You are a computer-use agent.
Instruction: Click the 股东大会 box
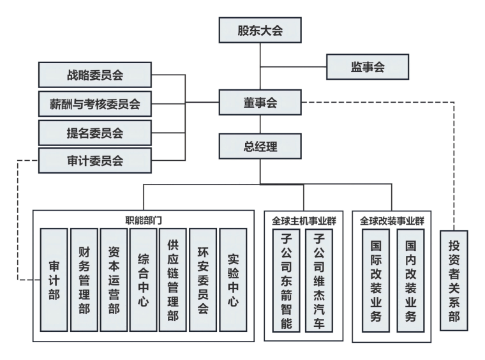pyautogui.click(x=260, y=31)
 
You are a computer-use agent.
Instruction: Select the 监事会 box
pyautogui.click(x=367, y=67)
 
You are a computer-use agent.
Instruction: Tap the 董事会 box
pyautogui.click(x=260, y=102)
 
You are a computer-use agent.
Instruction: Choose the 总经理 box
pyautogui.click(x=260, y=146)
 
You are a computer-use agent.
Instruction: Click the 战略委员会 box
pyautogui.click(x=95, y=75)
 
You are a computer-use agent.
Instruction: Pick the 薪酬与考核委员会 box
pyautogui.click(x=95, y=103)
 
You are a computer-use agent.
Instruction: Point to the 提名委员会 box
pyautogui.click(x=95, y=132)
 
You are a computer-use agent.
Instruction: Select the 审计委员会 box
pyautogui.click(x=95, y=160)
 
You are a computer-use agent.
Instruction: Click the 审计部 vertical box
pyautogui.click(x=54, y=280)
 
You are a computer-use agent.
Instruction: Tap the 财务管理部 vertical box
pyautogui.click(x=84, y=280)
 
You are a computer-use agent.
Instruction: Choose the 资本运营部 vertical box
pyautogui.click(x=114, y=280)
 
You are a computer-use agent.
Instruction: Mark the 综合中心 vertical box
pyautogui.click(x=143, y=280)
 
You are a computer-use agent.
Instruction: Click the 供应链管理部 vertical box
pyautogui.click(x=173, y=280)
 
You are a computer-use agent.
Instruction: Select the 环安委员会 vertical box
pyautogui.click(x=203, y=280)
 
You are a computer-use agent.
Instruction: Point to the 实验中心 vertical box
pyautogui.click(x=232, y=280)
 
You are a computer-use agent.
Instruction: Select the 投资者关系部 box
pyautogui.click(x=453, y=280)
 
